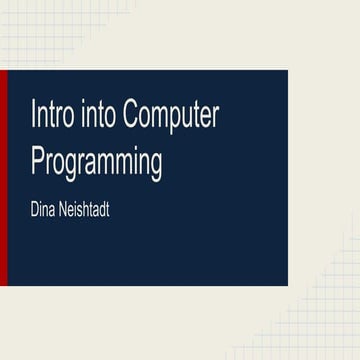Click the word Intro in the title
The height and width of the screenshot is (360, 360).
click(52, 116)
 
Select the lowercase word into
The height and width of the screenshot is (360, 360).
click(95, 116)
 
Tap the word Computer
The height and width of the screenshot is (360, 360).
click(168, 118)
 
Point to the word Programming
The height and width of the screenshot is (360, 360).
click(97, 163)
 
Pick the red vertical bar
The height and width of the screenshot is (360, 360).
click(3, 177)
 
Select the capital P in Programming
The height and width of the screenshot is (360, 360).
click(38, 161)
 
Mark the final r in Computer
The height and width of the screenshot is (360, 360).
click(214, 118)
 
